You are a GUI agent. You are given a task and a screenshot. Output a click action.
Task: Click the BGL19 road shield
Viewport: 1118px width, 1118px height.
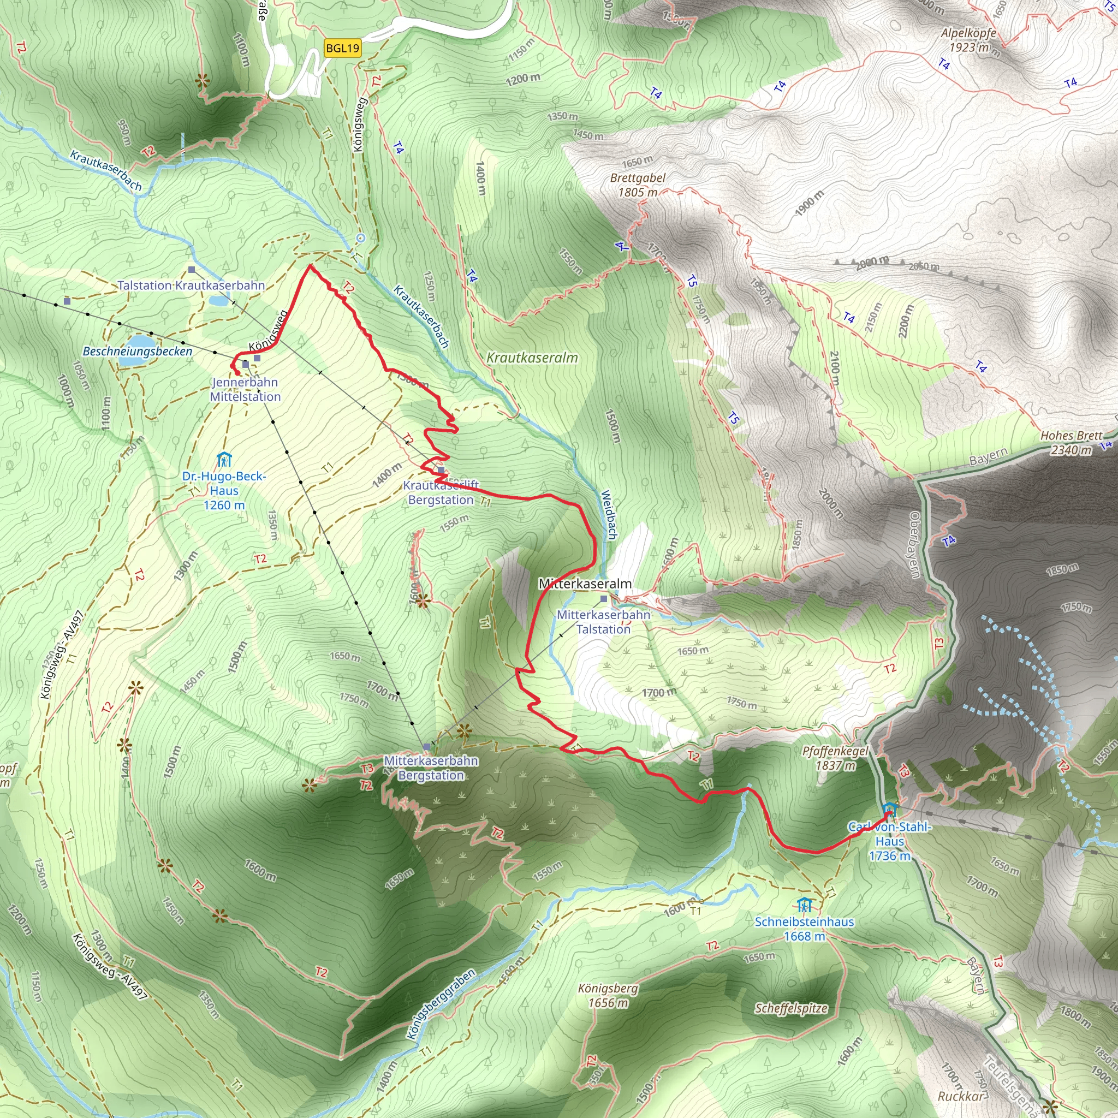343,48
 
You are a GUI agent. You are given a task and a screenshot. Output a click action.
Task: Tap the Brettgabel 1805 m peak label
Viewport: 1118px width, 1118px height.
638,185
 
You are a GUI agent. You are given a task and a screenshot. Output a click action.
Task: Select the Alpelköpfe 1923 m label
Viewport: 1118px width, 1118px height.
969,40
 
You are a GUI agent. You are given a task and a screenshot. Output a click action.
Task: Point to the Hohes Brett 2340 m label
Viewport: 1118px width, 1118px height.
1072,443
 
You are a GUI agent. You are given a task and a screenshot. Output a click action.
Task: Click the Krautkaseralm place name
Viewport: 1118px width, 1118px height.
532,358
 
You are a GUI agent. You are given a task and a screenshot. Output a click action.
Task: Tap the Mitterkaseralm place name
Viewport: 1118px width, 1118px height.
585,584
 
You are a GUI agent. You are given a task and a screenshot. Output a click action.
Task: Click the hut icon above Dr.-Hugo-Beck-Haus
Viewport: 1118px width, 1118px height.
224,460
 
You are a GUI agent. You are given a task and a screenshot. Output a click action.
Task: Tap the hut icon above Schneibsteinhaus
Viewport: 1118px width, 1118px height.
804,905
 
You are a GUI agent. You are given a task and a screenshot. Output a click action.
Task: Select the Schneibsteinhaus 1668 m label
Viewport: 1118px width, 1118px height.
804,929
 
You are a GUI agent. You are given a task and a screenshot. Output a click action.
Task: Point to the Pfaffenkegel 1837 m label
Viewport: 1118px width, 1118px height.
836,758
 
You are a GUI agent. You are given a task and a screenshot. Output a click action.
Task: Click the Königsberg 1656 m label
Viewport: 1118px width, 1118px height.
608,995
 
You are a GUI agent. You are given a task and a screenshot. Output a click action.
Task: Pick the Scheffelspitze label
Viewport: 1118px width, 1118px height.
791,1009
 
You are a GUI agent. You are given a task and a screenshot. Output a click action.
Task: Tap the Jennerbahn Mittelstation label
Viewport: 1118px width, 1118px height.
245,389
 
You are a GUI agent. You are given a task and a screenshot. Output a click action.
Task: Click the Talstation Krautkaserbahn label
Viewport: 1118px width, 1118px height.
192,286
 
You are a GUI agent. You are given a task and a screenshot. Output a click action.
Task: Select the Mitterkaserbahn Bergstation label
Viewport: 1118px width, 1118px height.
431,768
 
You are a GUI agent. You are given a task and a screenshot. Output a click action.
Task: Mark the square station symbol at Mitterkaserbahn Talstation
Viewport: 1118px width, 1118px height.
604,599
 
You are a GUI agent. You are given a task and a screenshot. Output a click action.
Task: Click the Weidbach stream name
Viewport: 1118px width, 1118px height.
609,515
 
